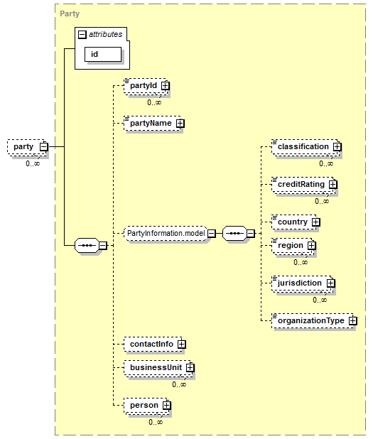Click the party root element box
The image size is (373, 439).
point(27,147)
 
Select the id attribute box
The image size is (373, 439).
point(103,54)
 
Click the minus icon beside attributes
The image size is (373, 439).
point(82,34)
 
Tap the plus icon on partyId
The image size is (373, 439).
point(166,86)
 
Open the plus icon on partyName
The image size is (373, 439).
point(180,124)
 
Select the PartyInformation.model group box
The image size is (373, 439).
point(167,233)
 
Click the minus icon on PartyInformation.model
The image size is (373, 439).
point(212,233)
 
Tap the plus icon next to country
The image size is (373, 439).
point(316,222)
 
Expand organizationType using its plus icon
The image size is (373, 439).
point(353,321)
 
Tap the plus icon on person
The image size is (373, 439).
point(167,406)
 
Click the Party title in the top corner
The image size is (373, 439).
point(70,13)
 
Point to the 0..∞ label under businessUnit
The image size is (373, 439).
point(179,385)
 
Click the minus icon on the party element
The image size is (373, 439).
point(44,147)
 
